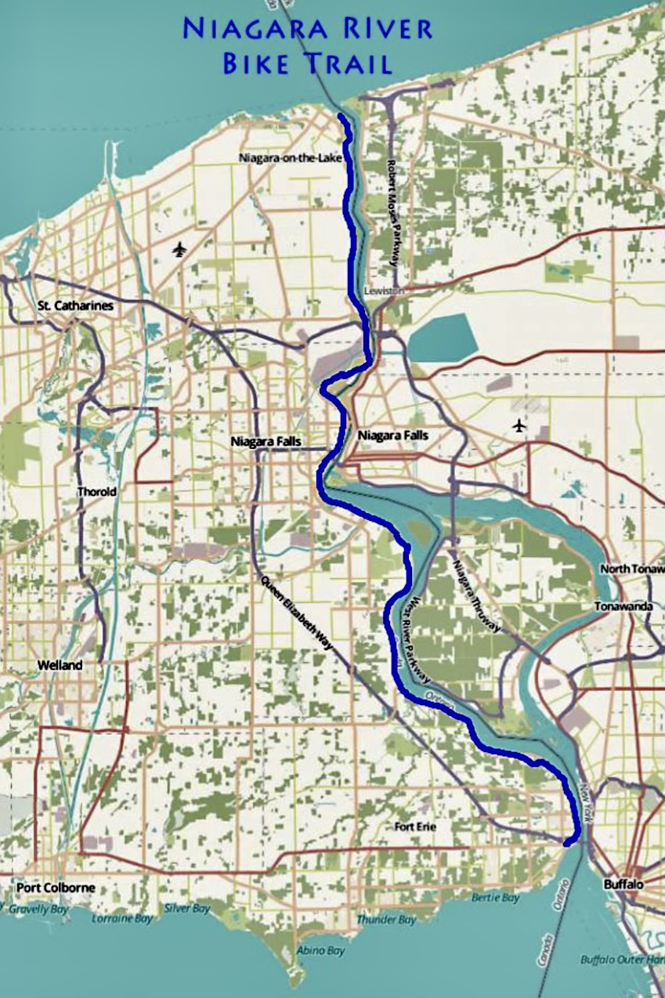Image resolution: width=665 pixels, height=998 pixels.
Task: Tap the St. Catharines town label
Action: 75,306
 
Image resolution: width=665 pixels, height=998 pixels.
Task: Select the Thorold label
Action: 96,492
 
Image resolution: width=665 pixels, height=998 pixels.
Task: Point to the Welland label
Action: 60,665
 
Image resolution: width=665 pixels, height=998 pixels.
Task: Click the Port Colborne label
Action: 56,888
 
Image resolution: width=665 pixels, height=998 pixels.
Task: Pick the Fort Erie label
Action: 415,826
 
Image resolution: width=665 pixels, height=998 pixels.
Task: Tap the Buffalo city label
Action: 623,884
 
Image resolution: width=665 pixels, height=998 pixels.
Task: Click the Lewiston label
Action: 384,291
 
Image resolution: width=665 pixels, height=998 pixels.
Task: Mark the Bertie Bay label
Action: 497,898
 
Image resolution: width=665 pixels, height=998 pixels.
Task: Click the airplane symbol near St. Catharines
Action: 179,250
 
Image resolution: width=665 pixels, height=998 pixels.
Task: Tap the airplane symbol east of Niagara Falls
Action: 519,425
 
